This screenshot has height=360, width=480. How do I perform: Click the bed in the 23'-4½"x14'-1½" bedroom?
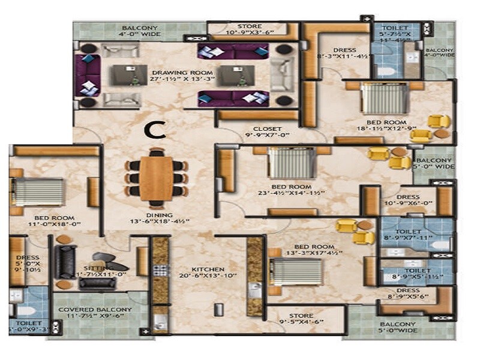[x=286, y=163]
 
